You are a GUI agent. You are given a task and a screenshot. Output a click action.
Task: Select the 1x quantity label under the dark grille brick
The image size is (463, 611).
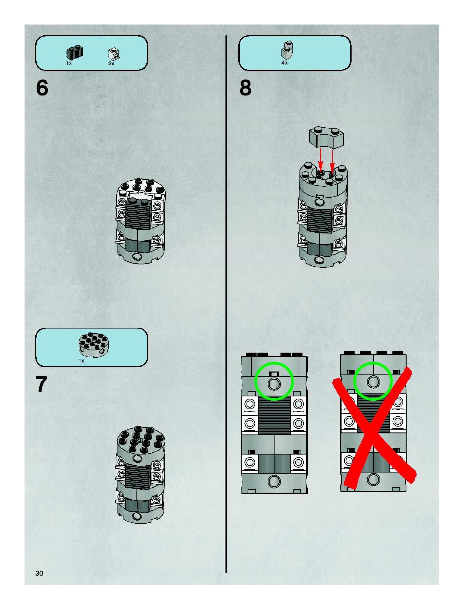(x=69, y=63)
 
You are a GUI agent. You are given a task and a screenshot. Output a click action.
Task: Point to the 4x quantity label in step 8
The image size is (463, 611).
(x=284, y=63)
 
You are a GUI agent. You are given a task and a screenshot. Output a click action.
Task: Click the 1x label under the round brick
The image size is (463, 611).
(x=81, y=361)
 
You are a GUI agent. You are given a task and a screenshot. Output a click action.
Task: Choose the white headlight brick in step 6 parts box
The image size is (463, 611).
(x=114, y=54)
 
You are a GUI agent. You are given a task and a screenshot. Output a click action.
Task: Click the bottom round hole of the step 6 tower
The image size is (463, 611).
(x=136, y=257)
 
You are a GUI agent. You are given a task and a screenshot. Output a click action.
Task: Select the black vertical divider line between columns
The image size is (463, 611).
(x=226, y=304)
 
